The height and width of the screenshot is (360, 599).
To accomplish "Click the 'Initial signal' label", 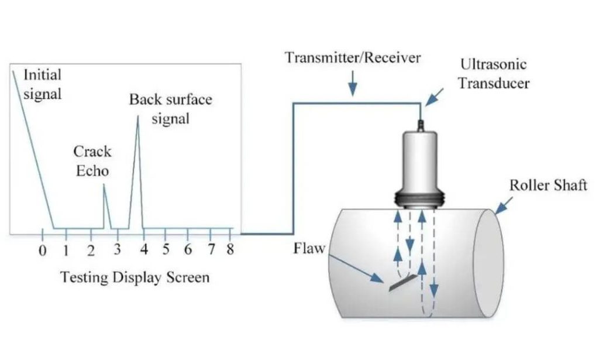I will pos(42,84).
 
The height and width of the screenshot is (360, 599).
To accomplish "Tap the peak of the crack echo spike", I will pos(104,186).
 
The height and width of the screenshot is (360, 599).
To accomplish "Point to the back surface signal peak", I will pos(138,116).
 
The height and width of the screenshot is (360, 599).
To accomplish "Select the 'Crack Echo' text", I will pos(92,161).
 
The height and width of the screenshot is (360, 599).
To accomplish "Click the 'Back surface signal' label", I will pos(170,108).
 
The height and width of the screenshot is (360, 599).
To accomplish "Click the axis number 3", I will pos(117,250).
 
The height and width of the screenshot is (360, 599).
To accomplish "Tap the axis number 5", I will pos(166,250).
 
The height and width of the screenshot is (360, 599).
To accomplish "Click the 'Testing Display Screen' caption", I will pos(135,277).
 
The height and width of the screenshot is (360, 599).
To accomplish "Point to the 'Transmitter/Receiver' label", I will pos(353,59).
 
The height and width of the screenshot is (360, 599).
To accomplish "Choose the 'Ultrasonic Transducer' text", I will pos(493,73).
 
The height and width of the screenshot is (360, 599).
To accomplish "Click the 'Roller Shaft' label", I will pos(548,186).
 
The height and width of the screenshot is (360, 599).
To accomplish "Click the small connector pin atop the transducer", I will pos(420,124).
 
